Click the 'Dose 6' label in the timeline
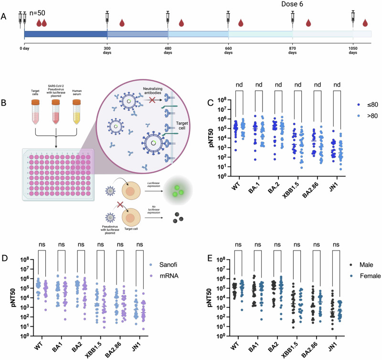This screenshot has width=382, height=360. (x=305, y=5)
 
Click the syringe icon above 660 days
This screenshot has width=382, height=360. (x=229, y=18)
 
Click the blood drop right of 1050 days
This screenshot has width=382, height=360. (x=365, y=22)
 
